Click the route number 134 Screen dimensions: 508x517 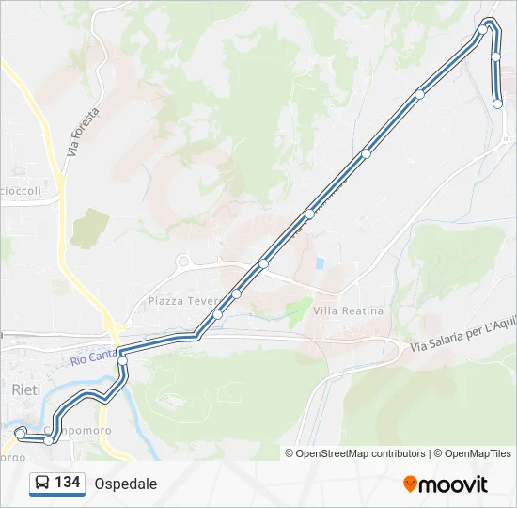[67, 483]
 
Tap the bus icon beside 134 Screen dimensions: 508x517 [42, 484]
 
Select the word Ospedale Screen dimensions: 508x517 [125, 484]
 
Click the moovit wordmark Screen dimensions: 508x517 [454, 484]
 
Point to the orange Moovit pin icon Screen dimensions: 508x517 [410, 484]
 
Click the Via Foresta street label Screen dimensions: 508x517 [83, 131]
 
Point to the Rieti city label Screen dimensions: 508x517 [25, 389]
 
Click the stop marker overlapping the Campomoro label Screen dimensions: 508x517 [49, 439]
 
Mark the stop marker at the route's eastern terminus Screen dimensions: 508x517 [498, 103]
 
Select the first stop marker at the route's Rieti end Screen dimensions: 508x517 [20, 432]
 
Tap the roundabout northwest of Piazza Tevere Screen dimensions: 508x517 [183, 261]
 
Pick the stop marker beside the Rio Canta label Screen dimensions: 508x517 [122, 359]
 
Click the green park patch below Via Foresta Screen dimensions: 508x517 [90, 229]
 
